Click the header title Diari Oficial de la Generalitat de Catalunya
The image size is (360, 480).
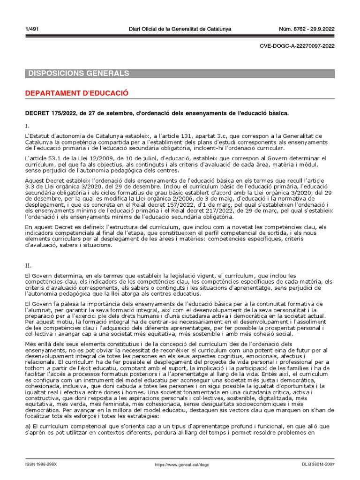pos(180,29)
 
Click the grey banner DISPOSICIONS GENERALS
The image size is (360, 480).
pos(79,74)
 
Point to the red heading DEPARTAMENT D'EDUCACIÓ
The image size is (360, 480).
pos(76,93)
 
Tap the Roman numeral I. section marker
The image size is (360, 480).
pos(27,126)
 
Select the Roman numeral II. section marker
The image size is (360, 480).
pos(28,265)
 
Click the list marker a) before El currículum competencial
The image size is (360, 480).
pos(28,426)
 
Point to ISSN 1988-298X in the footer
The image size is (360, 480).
pos(41,464)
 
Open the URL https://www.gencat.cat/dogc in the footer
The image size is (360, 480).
pos(182,464)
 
